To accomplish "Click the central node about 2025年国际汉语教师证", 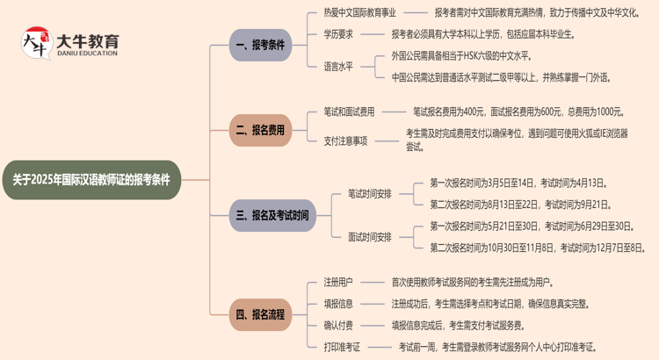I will point(91,180).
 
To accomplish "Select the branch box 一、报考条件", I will point(260,45).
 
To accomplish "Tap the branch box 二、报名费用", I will point(260,130).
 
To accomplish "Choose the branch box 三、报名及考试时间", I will point(272,215).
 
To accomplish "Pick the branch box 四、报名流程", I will point(260,314).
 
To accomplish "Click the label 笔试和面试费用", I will point(349,112).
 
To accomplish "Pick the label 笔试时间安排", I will point(370,194).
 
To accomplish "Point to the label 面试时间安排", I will point(370,236).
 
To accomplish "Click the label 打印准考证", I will point(343,347).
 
